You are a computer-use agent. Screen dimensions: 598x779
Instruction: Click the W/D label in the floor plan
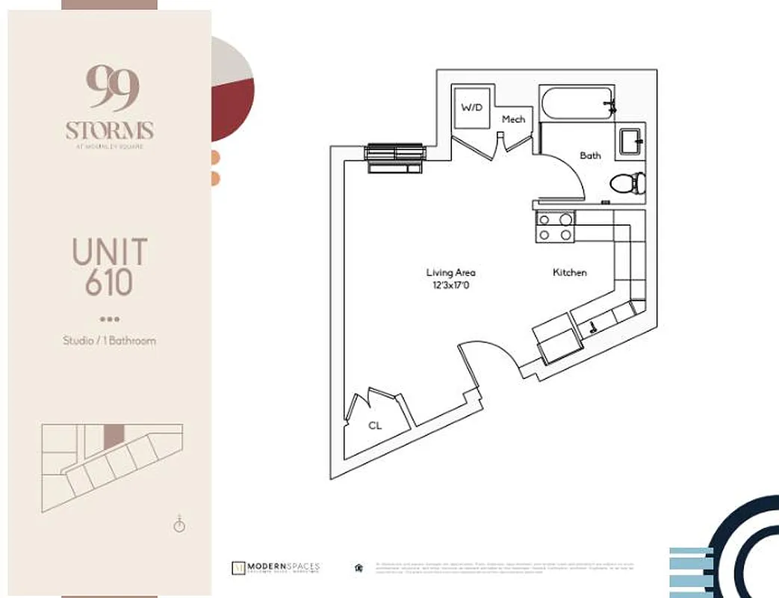471,108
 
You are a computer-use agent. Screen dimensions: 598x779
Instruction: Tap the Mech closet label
513,120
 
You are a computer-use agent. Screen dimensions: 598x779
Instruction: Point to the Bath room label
590,155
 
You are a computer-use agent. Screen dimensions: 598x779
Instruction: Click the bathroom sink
631,141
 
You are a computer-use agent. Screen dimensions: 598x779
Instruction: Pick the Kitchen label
569,273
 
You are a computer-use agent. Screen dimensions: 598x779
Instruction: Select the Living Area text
450,273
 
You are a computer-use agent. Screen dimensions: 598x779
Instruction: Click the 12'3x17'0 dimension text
450,285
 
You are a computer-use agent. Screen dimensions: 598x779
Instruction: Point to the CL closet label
375,425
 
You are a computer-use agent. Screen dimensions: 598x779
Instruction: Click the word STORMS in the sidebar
109,131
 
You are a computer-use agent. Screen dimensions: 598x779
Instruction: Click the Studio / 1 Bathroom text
109,341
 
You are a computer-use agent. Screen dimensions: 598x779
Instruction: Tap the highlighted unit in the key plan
111,436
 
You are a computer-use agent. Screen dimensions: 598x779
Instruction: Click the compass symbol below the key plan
179,524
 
